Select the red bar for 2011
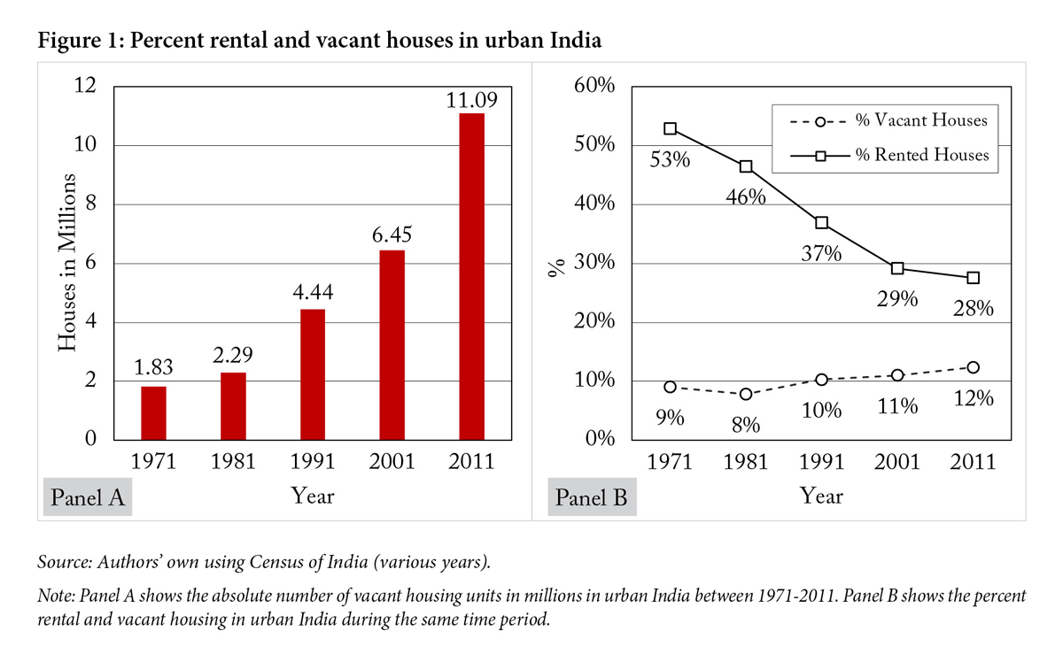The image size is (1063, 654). pyautogui.click(x=471, y=276)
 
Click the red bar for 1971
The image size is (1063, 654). pyautogui.click(x=152, y=412)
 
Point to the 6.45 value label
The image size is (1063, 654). pyautogui.click(x=392, y=235)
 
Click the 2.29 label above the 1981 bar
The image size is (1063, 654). pyautogui.click(x=232, y=358)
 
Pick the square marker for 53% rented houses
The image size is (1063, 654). pyautogui.click(x=671, y=129)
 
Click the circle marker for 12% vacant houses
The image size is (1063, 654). pyautogui.click(x=973, y=367)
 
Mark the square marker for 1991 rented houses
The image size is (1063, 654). pyautogui.click(x=822, y=223)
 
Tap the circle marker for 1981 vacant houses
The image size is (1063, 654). pyautogui.click(x=746, y=394)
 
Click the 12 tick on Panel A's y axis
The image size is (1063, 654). pyautogui.click(x=85, y=87)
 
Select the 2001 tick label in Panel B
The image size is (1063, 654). pyautogui.click(x=896, y=462)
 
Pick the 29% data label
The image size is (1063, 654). pyautogui.click(x=896, y=299)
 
